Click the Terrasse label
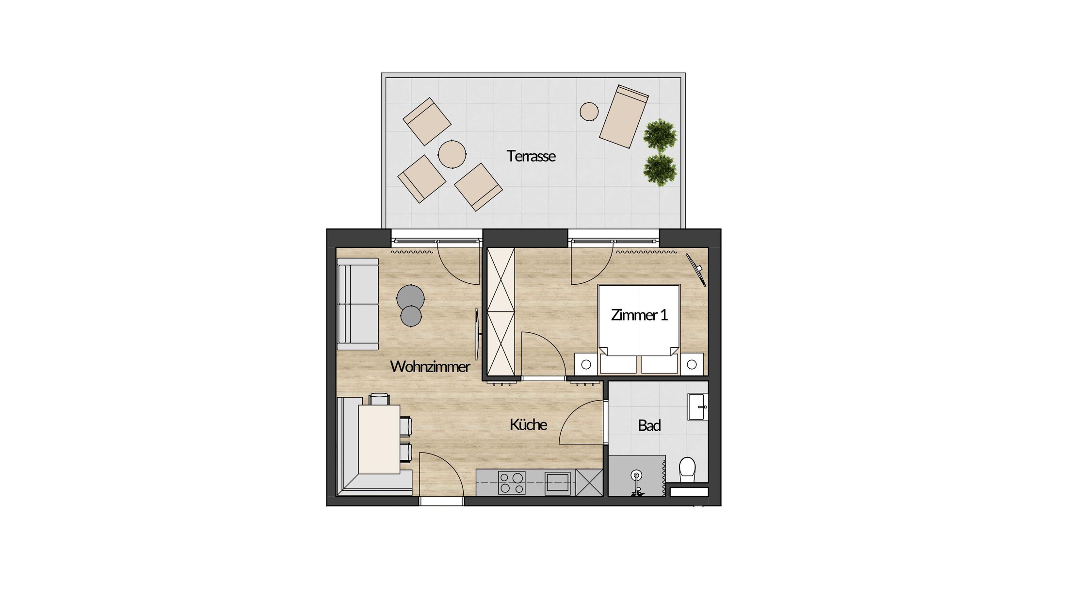[x=531, y=156]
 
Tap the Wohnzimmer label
[x=430, y=367]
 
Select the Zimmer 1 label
[x=639, y=315]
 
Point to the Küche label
[x=528, y=425]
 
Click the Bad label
[x=649, y=426]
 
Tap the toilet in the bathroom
[x=687, y=469]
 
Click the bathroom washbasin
[x=697, y=407]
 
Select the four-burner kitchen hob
[x=512, y=483]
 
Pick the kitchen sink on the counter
[x=557, y=483]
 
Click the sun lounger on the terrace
[x=624, y=116]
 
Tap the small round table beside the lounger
[x=589, y=112]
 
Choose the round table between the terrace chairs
[x=452, y=154]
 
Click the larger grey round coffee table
[x=410, y=298]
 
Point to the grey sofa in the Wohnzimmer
[x=358, y=304]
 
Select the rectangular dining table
[x=379, y=439]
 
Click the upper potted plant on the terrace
[x=660, y=135]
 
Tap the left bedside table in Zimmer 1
[x=586, y=364]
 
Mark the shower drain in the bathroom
[x=636, y=475]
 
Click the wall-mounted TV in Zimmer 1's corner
[x=695, y=270]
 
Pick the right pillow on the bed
[x=660, y=364]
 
